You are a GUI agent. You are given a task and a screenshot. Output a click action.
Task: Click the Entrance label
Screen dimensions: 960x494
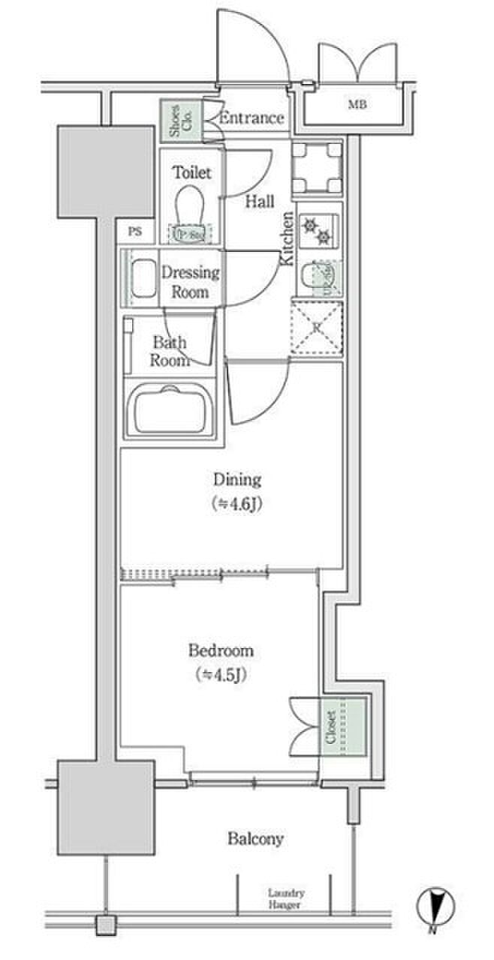252,118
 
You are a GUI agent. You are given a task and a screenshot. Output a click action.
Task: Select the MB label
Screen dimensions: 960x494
357,104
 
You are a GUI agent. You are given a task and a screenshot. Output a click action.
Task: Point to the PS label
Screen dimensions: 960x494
134,231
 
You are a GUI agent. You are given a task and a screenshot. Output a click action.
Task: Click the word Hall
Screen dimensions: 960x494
259,201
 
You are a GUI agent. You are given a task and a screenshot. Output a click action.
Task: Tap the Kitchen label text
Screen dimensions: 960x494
287,238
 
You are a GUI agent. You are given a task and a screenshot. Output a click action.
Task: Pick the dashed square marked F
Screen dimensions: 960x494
316,328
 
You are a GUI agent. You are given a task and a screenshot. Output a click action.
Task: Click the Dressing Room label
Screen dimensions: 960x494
191,281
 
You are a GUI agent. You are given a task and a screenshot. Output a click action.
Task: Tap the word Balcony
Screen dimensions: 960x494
256,838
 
